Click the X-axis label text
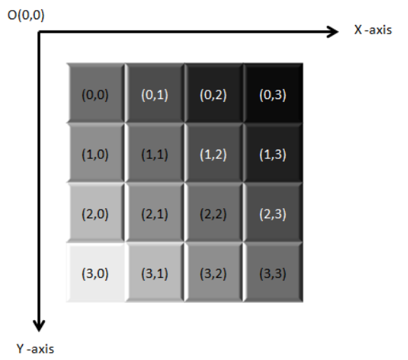tap(373, 30)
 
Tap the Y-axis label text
tap(36, 349)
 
